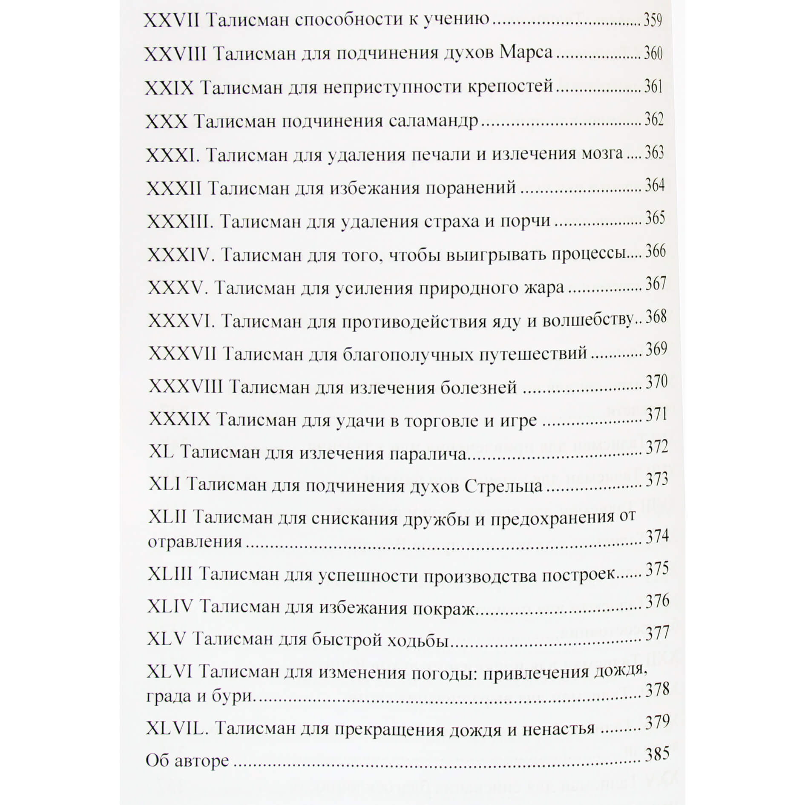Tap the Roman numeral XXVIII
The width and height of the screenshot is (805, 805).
coord(175,54)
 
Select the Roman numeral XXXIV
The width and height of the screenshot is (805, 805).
coord(179,255)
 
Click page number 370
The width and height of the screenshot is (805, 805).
coord(656,382)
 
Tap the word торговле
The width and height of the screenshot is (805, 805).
coord(441,421)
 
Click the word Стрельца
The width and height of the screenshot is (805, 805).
coord(503,486)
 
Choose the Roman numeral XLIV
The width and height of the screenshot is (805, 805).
coord(170,606)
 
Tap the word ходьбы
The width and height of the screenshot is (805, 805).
coord(417,640)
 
